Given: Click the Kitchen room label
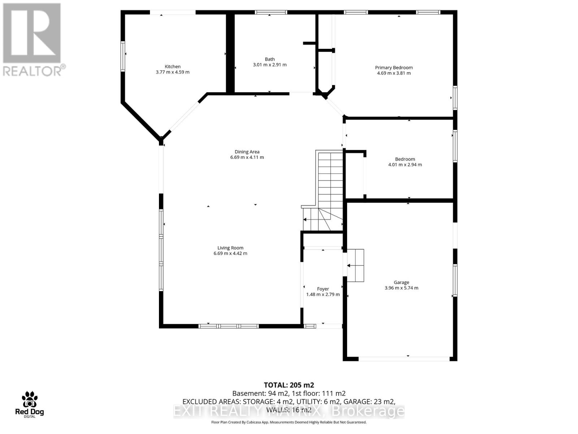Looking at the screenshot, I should point(172,67).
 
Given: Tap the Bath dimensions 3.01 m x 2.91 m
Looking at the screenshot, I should point(269,65).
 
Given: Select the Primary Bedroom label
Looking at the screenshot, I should point(394,68).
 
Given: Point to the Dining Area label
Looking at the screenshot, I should point(247,152).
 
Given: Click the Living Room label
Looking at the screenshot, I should point(230,248).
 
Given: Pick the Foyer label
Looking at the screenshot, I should point(323,289).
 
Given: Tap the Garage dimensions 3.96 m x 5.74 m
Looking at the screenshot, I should point(401,288).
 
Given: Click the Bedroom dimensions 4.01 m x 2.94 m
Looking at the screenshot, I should point(405,165).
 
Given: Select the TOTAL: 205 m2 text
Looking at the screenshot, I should point(289,385).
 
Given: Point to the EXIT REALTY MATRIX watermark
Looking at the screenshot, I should point(289,411).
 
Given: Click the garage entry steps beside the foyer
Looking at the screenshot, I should point(355,265).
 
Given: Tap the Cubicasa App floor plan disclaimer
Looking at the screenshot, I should point(289,422).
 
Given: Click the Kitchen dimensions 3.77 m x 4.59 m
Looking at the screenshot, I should point(172,72).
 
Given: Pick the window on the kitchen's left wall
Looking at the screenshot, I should point(123,56).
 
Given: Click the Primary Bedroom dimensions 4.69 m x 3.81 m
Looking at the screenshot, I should point(394,73).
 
